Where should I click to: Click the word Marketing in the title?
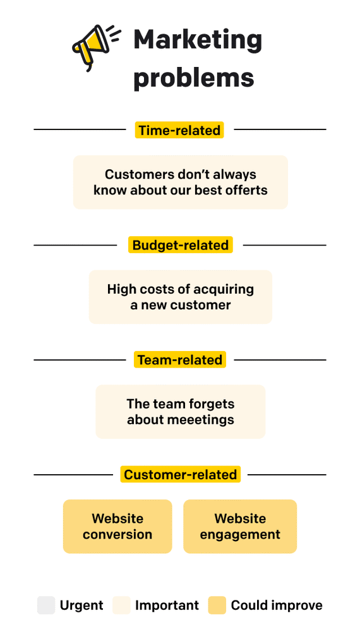tap(198, 40)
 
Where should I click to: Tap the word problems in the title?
tap(193, 78)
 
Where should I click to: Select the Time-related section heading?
tap(180, 130)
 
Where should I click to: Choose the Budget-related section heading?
tap(180, 245)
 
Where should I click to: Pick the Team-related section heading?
tap(180, 360)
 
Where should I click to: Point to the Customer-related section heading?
tap(180, 475)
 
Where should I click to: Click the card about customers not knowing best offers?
tap(180, 182)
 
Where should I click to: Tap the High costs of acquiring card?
tap(180, 297)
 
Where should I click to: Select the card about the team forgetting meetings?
tap(180, 412)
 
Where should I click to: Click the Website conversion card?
tap(117, 527)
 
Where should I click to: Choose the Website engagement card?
tap(240, 527)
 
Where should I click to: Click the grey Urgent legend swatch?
tap(46, 606)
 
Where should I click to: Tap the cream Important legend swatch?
tap(121, 606)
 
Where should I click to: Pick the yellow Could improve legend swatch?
tap(217, 606)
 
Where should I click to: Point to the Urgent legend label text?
tap(81, 606)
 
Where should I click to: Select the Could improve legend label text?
tap(277, 606)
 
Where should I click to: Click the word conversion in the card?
tap(117, 535)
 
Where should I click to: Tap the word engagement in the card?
tap(240, 535)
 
